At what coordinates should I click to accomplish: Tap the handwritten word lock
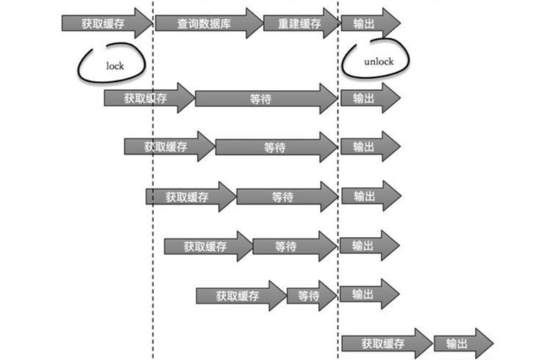click(x=115, y=65)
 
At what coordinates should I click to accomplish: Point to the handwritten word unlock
click(x=378, y=62)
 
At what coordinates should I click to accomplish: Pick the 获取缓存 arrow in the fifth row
click(x=207, y=247)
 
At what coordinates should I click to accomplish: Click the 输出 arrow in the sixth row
click(x=369, y=295)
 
